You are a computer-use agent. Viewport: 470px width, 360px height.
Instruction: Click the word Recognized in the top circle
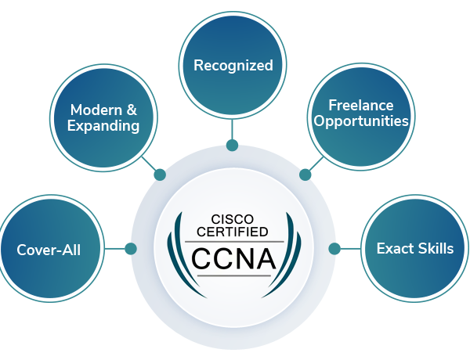[x=233, y=66]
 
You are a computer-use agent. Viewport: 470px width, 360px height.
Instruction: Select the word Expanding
[x=103, y=126]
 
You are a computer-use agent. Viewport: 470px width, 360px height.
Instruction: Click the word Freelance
[x=360, y=106]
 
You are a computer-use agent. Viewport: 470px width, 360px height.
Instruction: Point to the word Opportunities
[x=360, y=121]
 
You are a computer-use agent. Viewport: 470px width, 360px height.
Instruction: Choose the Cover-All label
[x=49, y=250]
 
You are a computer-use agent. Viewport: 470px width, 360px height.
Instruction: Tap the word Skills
[x=436, y=249]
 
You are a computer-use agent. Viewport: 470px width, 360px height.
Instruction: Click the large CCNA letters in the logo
[x=233, y=257]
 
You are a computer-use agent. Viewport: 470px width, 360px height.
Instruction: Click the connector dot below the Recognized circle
[x=232, y=145]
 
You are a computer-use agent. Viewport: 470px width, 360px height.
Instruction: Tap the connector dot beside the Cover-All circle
[x=131, y=249]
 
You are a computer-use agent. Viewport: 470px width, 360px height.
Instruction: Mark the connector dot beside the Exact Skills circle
[x=334, y=249]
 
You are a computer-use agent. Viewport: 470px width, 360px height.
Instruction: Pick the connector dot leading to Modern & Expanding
[x=160, y=175]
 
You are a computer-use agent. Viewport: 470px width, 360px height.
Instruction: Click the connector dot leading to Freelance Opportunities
[x=305, y=175]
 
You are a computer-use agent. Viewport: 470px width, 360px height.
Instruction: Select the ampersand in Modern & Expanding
[x=132, y=110]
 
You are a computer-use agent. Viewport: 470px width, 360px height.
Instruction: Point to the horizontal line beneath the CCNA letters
[x=233, y=275]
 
